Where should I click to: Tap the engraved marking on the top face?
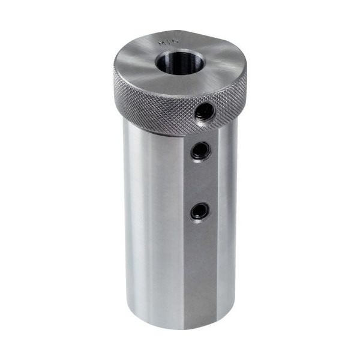click(x=163, y=43)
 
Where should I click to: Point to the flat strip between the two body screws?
click(x=200, y=180)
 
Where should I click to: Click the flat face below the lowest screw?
click(x=200, y=264)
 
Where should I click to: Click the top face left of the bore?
click(x=135, y=60)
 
